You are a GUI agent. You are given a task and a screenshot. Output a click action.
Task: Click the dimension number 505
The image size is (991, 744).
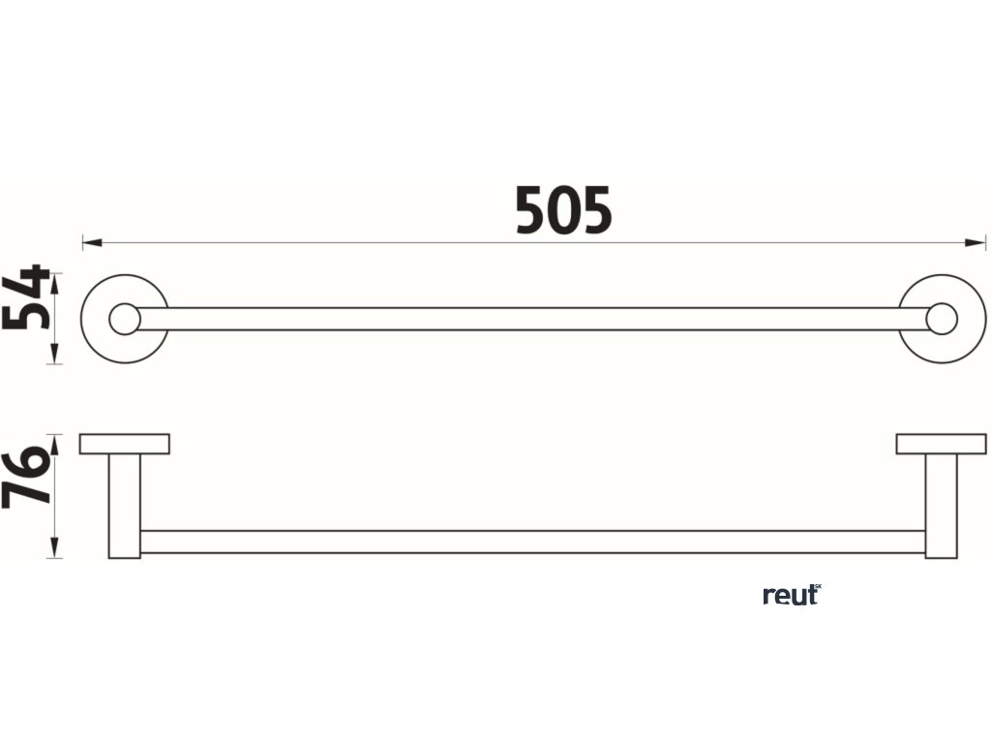tap(563, 211)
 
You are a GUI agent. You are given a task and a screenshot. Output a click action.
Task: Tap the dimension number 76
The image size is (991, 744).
tap(27, 478)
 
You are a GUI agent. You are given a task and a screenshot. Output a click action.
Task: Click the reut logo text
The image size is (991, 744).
tap(789, 595)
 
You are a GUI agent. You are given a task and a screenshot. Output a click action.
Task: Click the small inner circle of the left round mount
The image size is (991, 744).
tap(124, 319)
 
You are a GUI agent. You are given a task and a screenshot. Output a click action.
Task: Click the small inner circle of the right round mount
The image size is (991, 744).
tap(942, 319)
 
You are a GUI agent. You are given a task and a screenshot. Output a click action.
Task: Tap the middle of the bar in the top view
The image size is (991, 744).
tap(532, 319)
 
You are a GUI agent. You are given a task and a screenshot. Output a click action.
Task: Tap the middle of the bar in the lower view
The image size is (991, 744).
tap(532, 542)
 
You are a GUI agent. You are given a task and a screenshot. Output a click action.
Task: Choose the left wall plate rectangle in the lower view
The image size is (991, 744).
tap(125, 444)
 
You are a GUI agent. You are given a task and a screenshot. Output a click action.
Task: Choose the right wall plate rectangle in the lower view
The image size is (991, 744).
tap(941, 444)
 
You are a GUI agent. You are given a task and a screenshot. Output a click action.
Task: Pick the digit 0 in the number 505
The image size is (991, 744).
tap(563, 211)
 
